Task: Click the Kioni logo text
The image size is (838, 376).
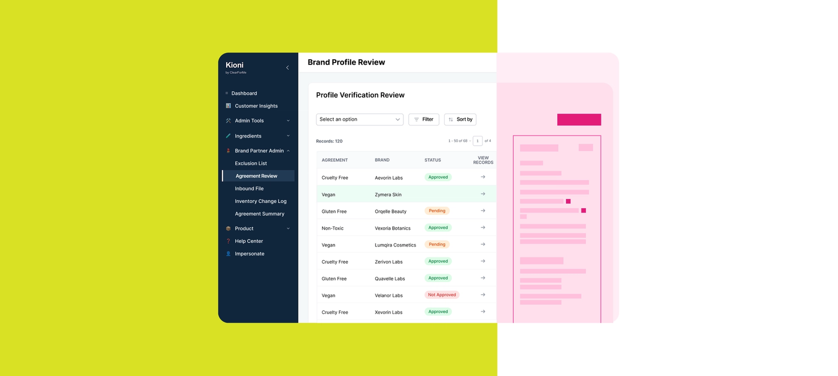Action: (x=235, y=65)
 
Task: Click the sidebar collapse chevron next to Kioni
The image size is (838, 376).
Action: (x=287, y=68)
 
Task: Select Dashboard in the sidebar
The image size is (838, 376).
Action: (x=244, y=93)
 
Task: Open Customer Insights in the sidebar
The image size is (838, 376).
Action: (x=256, y=106)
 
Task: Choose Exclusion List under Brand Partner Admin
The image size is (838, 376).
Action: (x=251, y=163)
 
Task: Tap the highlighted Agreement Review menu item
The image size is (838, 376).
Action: (x=257, y=176)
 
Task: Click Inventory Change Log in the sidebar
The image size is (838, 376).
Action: (x=260, y=201)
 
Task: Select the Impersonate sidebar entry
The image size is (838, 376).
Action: (x=249, y=254)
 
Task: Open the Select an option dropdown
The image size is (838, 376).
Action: (x=360, y=120)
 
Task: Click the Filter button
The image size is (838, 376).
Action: (x=424, y=120)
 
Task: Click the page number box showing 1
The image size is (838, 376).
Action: (x=477, y=141)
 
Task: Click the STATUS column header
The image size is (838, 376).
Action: (x=433, y=160)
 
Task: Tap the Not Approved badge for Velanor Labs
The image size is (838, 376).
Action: (x=442, y=295)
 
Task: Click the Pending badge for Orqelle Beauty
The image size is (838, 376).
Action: (x=437, y=211)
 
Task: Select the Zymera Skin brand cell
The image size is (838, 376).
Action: (x=388, y=195)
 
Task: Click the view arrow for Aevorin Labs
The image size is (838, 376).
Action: (x=483, y=177)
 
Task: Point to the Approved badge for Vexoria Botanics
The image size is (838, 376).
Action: (x=438, y=228)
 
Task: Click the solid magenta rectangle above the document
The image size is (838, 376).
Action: (x=579, y=120)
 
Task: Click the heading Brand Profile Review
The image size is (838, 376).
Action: (x=346, y=62)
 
